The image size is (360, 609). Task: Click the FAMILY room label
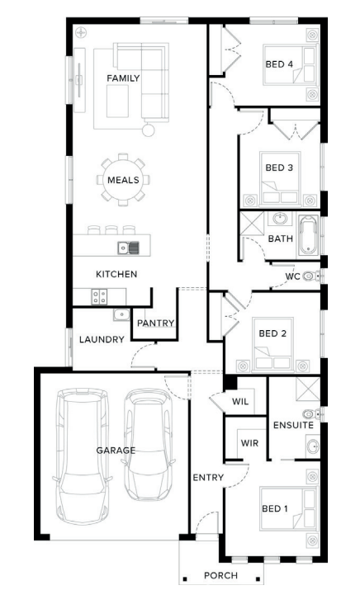click(123, 78)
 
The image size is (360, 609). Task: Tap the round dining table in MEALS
click(123, 180)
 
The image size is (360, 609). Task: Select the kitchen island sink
click(128, 248)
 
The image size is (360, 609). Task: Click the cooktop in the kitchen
click(99, 297)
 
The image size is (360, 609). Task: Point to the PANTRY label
click(155, 323)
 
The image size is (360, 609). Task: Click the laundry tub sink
click(121, 314)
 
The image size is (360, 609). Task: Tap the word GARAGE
click(116, 451)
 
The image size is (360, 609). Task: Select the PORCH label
click(220, 576)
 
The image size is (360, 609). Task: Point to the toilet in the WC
click(311, 276)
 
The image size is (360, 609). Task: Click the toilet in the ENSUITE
click(312, 413)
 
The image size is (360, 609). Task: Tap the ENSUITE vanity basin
click(313, 446)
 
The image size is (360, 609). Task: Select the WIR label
click(249, 443)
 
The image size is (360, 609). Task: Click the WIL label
click(240, 402)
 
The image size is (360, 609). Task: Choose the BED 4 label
click(279, 64)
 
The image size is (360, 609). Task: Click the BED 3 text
click(279, 168)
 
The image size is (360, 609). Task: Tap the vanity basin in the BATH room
click(280, 219)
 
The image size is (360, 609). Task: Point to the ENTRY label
click(208, 477)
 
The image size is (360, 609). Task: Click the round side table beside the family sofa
click(148, 130)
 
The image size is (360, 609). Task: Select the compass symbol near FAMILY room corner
click(81, 33)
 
